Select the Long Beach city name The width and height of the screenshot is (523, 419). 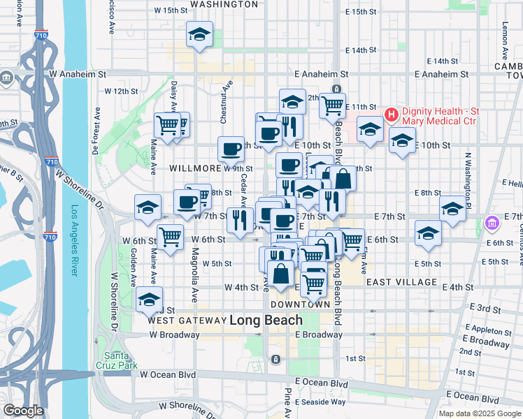[x=266, y=320]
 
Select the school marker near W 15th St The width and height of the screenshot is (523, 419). [x=200, y=35]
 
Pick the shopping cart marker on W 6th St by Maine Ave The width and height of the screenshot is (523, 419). [x=171, y=236]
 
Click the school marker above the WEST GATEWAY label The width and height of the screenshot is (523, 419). [x=149, y=299]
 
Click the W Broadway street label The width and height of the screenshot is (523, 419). [x=174, y=335]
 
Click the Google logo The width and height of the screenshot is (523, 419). [x=23, y=411]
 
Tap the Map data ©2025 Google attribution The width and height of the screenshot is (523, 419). [x=478, y=413]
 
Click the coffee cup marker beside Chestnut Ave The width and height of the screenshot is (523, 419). [x=231, y=148]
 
